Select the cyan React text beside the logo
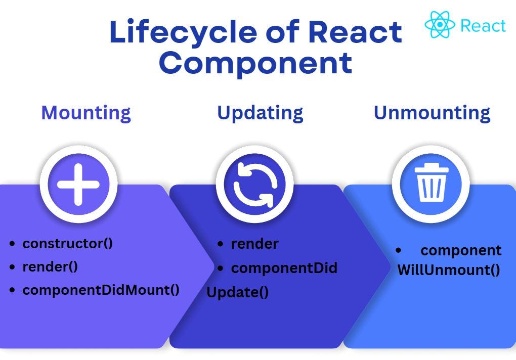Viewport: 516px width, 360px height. tap(483, 26)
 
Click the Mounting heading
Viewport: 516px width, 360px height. tap(86, 113)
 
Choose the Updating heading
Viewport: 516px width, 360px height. tap(260, 113)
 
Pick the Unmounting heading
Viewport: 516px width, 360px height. tap(432, 113)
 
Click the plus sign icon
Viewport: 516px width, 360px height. tap(78, 184)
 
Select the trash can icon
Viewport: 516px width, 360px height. tap(431, 185)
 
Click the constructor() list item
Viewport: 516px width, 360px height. tap(67, 243)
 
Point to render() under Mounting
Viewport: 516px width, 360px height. tap(50, 266)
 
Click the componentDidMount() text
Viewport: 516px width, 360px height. tap(101, 290)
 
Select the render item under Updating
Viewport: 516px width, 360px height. tap(254, 244)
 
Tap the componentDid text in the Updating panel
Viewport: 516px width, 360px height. tap(284, 268)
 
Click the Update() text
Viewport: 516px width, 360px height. tap(237, 292)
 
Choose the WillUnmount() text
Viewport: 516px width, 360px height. tap(449, 269)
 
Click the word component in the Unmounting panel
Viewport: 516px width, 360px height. tap(461, 250)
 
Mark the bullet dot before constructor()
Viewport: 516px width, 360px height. tap(12, 244)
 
